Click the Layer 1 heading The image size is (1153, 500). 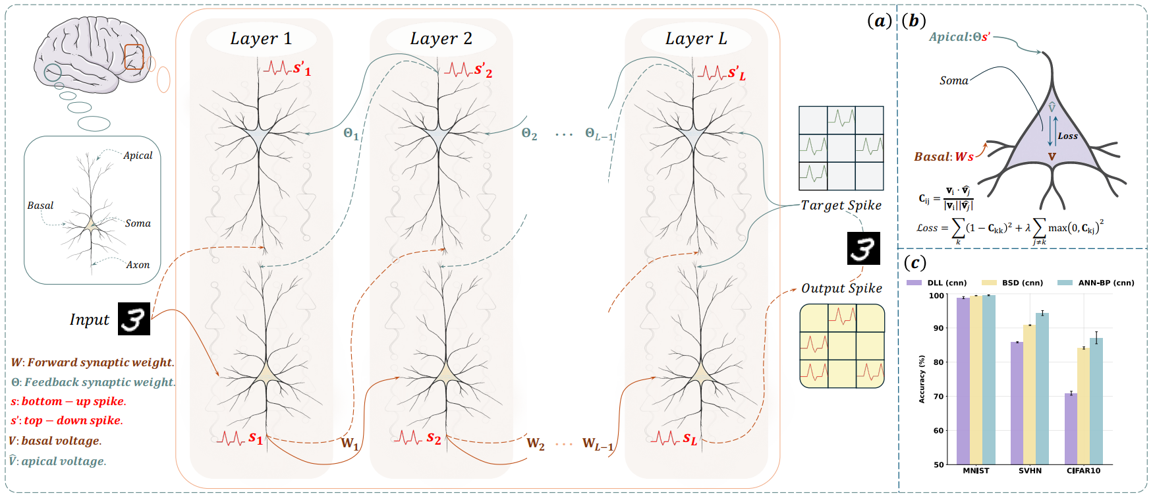[x=261, y=39]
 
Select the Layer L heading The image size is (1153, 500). [x=696, y=39]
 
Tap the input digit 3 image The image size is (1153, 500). [x=134, y=319]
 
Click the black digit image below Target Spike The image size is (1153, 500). [x=863, y=248]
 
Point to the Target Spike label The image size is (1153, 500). [x=841, y=206]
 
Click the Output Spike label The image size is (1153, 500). [x=841, y=289]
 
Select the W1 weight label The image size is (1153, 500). [x=349, y=443]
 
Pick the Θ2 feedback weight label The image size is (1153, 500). [x=529, y=134]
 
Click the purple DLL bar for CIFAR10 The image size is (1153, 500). [x=1071, y=428]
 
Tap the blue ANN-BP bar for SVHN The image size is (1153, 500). [x=1042, y=389]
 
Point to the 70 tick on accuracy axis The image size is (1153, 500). [x=938, y=397]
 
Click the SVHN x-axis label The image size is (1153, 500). [x=1030, y=471]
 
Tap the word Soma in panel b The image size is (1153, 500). [x=953, y=81]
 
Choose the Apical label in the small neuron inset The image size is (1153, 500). [x=138, y=155]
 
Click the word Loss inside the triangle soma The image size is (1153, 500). [x=1067, y=136]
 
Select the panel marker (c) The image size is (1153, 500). [x=914, y=263]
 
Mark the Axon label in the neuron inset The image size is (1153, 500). [x=138, y=265]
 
